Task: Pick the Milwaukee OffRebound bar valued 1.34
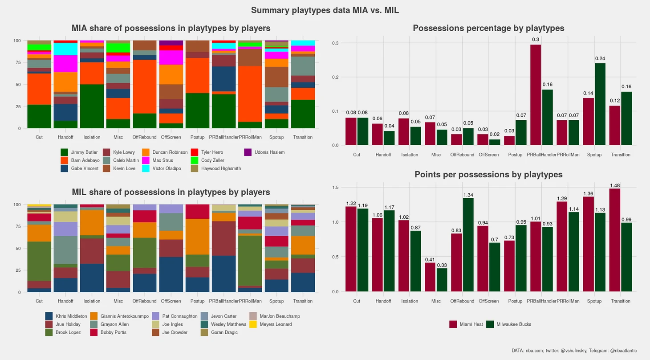click(x=468, y=245)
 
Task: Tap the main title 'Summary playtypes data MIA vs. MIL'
click(x=325, y=10)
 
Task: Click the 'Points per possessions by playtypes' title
click(x=488, y=175)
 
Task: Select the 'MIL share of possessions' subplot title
click(x=171, y=192)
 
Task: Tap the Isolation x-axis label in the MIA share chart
click(x=92, y=137)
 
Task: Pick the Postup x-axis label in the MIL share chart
click(x=197, y=301)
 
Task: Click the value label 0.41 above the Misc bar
click(x=430, y=260)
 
